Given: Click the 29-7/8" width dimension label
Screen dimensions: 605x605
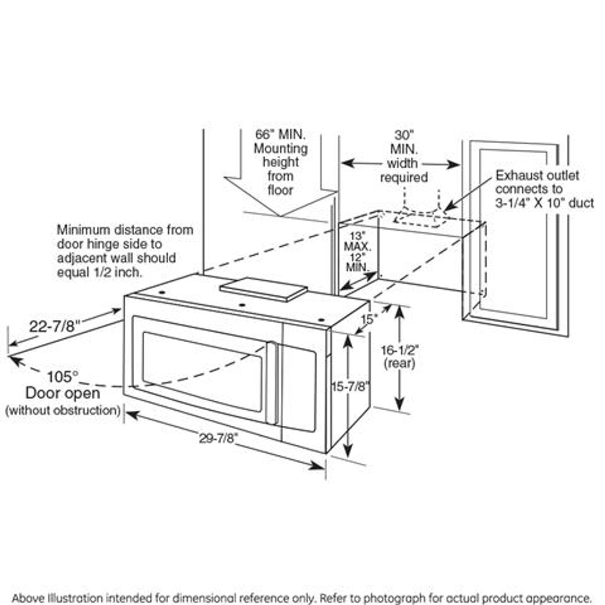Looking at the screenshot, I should coord(217,438).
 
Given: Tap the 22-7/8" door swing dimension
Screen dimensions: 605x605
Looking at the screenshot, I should coord(54,326).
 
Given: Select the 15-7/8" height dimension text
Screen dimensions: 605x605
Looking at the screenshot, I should coord(350,386).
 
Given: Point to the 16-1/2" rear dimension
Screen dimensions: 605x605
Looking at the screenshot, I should coord(399,350).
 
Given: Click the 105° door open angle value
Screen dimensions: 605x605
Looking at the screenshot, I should coord(62,377).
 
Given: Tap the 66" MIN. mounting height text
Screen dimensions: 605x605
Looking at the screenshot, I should coord(281,134).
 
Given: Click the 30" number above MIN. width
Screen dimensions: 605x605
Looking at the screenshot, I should coord(404,135).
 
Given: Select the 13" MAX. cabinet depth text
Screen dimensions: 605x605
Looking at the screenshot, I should coord(358,241).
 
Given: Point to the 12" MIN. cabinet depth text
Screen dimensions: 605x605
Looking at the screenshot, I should coord(358,262).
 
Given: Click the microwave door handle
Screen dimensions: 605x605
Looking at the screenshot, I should coord(271,383).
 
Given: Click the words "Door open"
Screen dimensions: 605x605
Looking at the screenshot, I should coord(62,393).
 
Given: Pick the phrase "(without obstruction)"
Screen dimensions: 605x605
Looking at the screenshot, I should coord(62,410).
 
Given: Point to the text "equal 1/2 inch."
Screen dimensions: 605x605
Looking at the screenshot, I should coord(100,272).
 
